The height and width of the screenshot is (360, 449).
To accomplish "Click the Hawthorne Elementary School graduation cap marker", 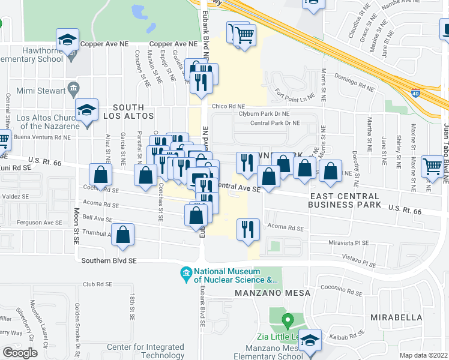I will (68, 41).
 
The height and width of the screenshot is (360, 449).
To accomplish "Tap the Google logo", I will (20, 352).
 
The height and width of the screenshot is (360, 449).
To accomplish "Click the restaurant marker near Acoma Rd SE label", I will (246, 229).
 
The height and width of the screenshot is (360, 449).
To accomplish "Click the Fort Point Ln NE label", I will (294, 92).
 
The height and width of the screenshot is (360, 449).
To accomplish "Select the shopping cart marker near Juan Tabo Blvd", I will (432, 166).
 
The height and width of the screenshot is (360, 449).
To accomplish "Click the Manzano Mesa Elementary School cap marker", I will (310, 341).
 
